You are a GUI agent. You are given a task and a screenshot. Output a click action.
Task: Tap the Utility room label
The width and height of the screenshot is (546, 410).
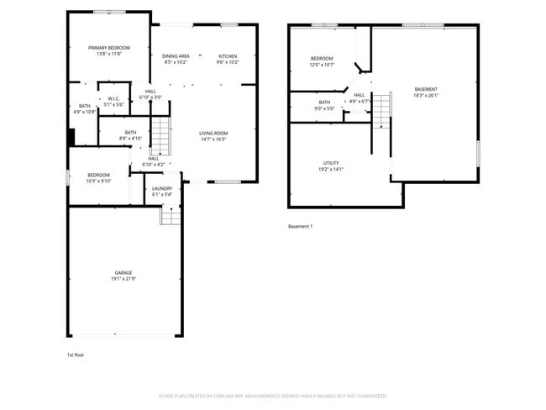click(332, 166)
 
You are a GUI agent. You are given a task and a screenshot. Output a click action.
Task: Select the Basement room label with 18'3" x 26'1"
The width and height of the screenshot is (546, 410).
click(426, 92)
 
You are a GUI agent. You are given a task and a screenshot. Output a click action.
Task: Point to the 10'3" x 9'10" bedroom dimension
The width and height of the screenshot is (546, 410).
click(99, 181)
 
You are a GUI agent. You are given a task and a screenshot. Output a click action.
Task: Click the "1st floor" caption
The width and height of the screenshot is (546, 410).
click(76, 355)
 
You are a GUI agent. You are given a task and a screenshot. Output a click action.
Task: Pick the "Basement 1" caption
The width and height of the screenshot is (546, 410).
click(300, 226)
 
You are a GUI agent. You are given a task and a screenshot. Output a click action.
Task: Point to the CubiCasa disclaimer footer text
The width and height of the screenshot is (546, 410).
click(272, 395)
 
